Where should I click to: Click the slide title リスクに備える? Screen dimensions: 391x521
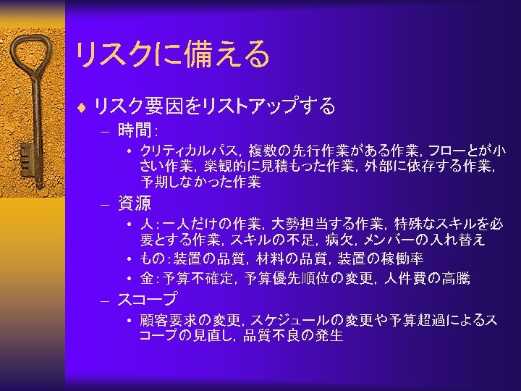[x=171, y=54]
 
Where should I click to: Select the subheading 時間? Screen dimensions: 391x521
[x=135, y=131]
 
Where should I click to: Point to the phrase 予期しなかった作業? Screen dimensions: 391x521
[x=200, y=182]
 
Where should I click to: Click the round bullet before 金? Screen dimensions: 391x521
[x=127, y=279]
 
